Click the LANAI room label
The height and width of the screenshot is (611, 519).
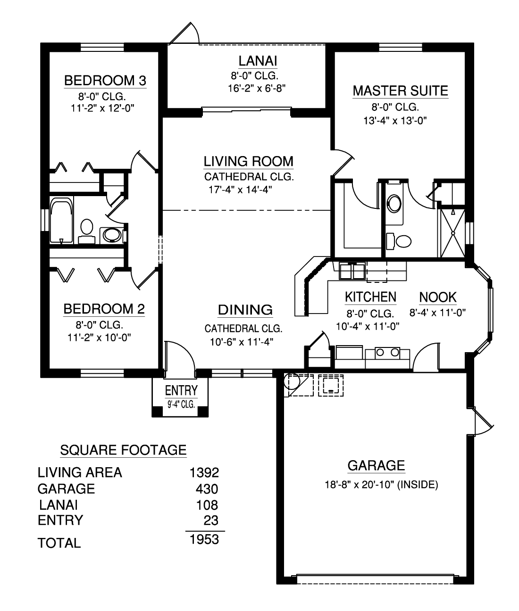(x=258, y=61)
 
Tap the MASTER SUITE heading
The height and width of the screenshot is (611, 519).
(x=401, y=91)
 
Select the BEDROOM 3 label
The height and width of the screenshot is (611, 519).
(x=105, y=81)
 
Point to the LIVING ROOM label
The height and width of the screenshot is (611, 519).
(x=249, y=161)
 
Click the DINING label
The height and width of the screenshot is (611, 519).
(x=245, y=310)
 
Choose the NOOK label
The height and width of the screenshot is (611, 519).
(x=438, y=297)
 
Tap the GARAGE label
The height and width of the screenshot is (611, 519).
(x=376, y=466)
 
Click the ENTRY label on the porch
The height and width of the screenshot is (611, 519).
(x=181, y=390)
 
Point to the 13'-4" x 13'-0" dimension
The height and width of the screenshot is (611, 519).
(x=395, y=121)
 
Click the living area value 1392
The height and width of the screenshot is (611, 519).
(x=204, y=472)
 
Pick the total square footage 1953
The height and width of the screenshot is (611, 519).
(x=204, y=539)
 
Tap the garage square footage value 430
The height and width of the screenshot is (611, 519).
(x=207, y=489)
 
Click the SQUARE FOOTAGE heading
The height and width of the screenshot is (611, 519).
(x=124, y=450)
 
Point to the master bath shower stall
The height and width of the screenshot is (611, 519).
(x=452, y=233)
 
